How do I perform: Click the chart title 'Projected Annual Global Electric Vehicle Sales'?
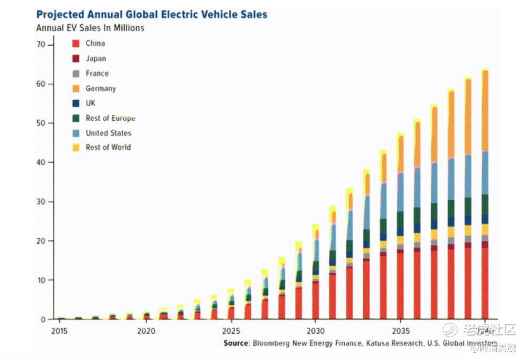point(151,14)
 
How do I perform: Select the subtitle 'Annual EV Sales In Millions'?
point(90,28)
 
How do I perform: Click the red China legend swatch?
point(75,43)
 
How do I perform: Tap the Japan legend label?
point(95,58)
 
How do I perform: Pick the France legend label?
point(97,73)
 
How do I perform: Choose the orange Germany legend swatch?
point(75,89)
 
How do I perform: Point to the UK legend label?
point(91,103)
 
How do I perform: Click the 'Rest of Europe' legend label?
point(110,118)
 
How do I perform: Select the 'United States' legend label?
point(108,133)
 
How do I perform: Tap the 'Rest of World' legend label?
point(108,147)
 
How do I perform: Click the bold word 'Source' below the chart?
point(236,343)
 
